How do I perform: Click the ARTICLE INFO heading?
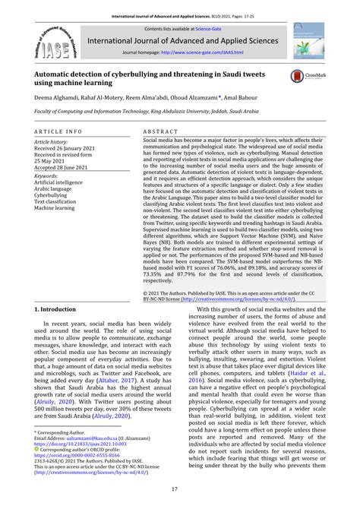[59, 131]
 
